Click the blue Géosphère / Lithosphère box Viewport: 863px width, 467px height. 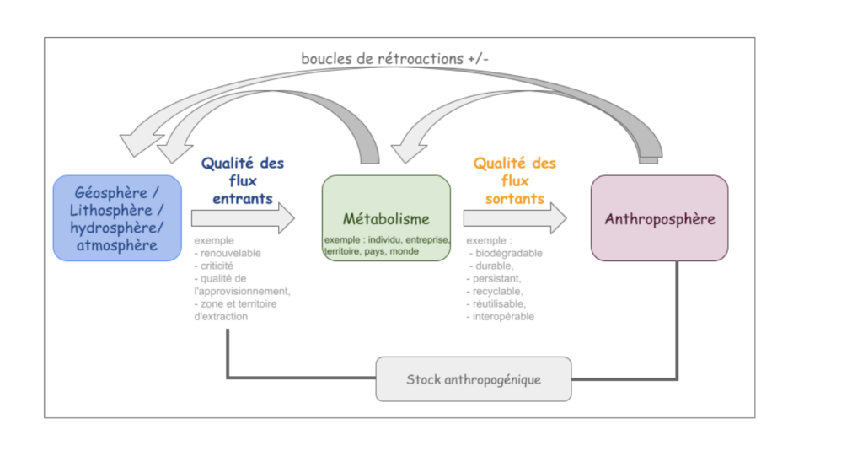(117, 217)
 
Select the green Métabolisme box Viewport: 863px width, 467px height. (386, 217)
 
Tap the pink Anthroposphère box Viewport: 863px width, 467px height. (659, 218)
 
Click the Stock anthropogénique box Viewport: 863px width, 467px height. (473, 378)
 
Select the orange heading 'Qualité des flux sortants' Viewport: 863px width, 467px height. (514, 181)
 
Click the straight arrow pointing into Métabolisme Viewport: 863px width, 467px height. (243, 218)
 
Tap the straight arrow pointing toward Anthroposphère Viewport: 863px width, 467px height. (514, 218)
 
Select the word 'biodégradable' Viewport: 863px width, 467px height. (509, 253)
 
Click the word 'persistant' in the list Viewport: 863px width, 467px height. (500, 278)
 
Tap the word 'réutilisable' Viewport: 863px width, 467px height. (503, 303)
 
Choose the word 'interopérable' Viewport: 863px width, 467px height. (506, 316)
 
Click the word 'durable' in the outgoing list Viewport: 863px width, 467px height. (495, 266)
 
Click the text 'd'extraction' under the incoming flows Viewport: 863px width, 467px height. (221, 316)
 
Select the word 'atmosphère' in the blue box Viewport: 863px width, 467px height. (117, 245)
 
